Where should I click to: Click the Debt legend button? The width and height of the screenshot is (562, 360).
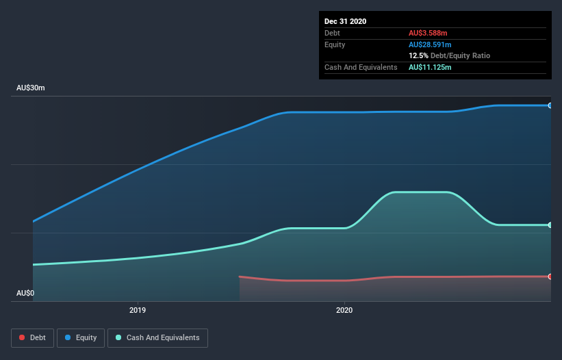coord(31,337)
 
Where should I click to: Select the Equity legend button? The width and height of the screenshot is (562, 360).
coord(81,337)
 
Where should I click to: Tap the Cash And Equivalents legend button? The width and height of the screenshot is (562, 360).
coord(157,337)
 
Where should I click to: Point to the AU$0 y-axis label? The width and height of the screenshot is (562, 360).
coord(25,293)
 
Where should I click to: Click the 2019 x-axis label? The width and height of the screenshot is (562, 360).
coord(138,309)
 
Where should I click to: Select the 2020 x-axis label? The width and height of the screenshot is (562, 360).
coord(344,309)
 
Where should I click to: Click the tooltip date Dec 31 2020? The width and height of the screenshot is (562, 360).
coord(345,21)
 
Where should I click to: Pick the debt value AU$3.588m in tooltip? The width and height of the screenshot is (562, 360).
coord(428,33)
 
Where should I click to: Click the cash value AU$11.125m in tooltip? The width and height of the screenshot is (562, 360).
coord(430,67)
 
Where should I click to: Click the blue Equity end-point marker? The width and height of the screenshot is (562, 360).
coord(550,105)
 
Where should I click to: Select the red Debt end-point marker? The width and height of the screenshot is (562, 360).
coord(550,277)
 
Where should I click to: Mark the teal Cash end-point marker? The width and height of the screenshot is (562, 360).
coord(550,225)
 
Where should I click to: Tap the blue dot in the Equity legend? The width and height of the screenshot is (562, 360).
coord(70,337)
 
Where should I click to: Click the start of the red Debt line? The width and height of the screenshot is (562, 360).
coord(240,277)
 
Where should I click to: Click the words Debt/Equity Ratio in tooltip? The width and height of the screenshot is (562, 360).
coord(460,55)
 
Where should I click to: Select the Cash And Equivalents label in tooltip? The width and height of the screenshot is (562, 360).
coord(361,67)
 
